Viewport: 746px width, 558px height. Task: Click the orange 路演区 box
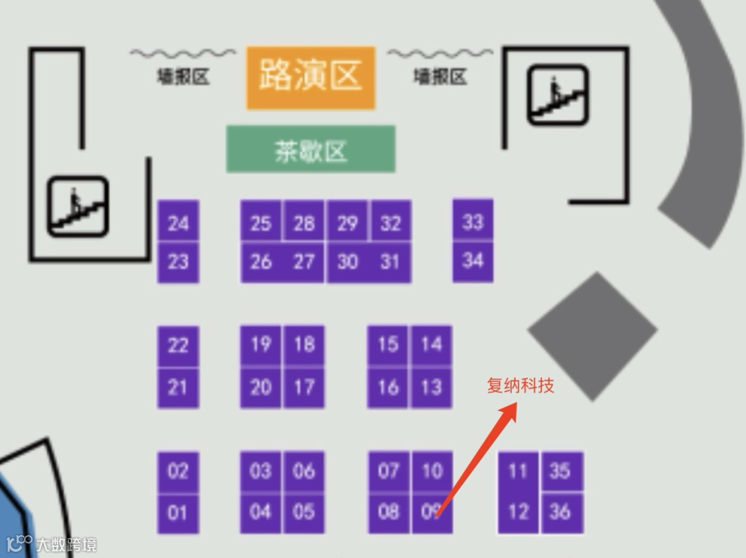click(311, 77)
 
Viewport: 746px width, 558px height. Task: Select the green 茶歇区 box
click(311, 149)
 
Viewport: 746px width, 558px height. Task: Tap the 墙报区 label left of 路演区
click(183, 77)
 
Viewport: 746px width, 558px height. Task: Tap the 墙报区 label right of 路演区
click(440, 77)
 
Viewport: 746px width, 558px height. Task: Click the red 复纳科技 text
click(520, 385)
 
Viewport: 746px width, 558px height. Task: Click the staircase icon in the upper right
click(558, 95)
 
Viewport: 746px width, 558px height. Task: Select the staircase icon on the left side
click(77, 206)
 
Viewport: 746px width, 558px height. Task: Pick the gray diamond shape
click(592, 336)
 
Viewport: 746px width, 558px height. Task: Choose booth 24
click(178, 222)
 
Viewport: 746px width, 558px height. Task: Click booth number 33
click(473, 222)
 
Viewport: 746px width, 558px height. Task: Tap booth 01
click(178, 512)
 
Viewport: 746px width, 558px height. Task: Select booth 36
click(561, 512)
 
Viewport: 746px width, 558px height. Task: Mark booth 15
click(388, 344)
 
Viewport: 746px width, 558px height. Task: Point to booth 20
click(261, 387)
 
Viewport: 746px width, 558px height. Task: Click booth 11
click(518, 472)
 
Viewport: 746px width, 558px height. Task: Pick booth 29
click(347, 222)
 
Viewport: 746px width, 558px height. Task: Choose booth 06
click(304, 472)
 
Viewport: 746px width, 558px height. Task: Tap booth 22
click(178, 344)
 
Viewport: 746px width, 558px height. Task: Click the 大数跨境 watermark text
click(66, 544)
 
